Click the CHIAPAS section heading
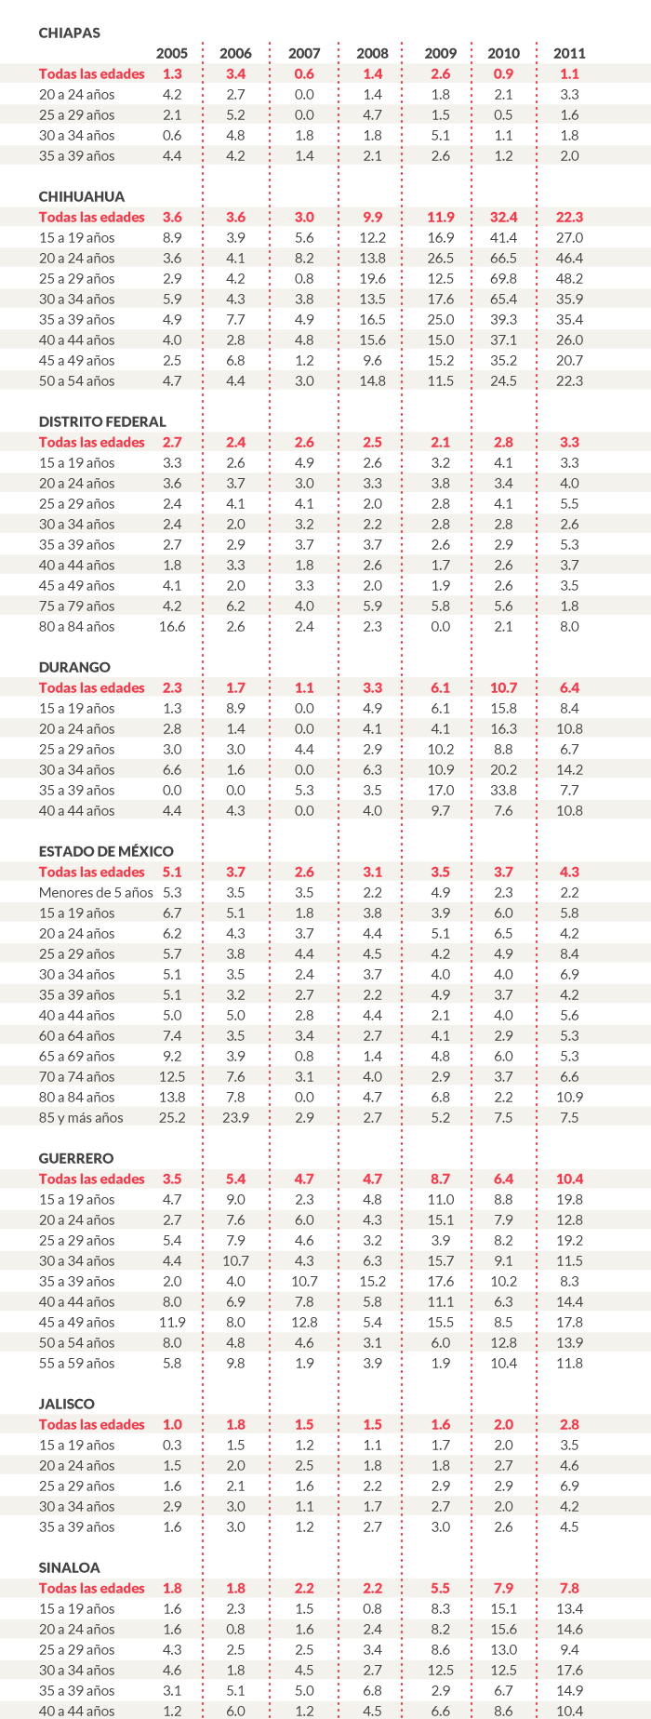(x=69, y=33)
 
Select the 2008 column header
(x=372, y=53)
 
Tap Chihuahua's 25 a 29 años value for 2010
(x=503, y=278)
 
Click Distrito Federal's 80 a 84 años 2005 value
(x=172, y=626)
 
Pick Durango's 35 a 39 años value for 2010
(x=503, y=790)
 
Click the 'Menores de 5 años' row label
(x=96, y=892)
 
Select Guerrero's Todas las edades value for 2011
(x=569, y=1179)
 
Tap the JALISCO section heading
(x=67, y=1404)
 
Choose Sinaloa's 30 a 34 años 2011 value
(x=569, y=1670)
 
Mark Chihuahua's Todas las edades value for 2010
(x=503, y=217)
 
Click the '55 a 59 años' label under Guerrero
(x=77, y=1363)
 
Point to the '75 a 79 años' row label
(x=77, y=606)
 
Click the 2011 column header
(x=569, y=53)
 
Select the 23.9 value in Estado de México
(x=236, y=1117)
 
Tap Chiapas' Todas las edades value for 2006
(x=236, y=73)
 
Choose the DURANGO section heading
(x=74, y=667)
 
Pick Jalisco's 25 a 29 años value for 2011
(x=569, y=1486)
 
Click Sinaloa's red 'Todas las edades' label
(x=92, y=1588)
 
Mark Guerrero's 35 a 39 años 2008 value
(x=372, y=1281)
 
